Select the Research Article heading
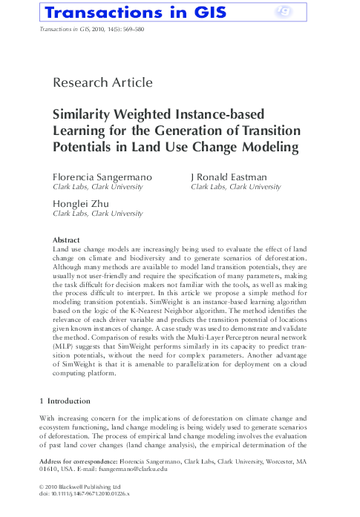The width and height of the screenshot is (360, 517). pyautogui.click(x=103, y=82)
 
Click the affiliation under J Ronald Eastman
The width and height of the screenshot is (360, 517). pyautogui.click(x=235, y=188)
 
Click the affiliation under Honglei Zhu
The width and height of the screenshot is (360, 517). pyautogui.click(x=97, y=214)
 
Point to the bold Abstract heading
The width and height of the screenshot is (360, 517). pyautogui.click(x=67, y=240)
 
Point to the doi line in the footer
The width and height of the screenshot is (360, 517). pyautogui.click(x=83, y=493)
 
